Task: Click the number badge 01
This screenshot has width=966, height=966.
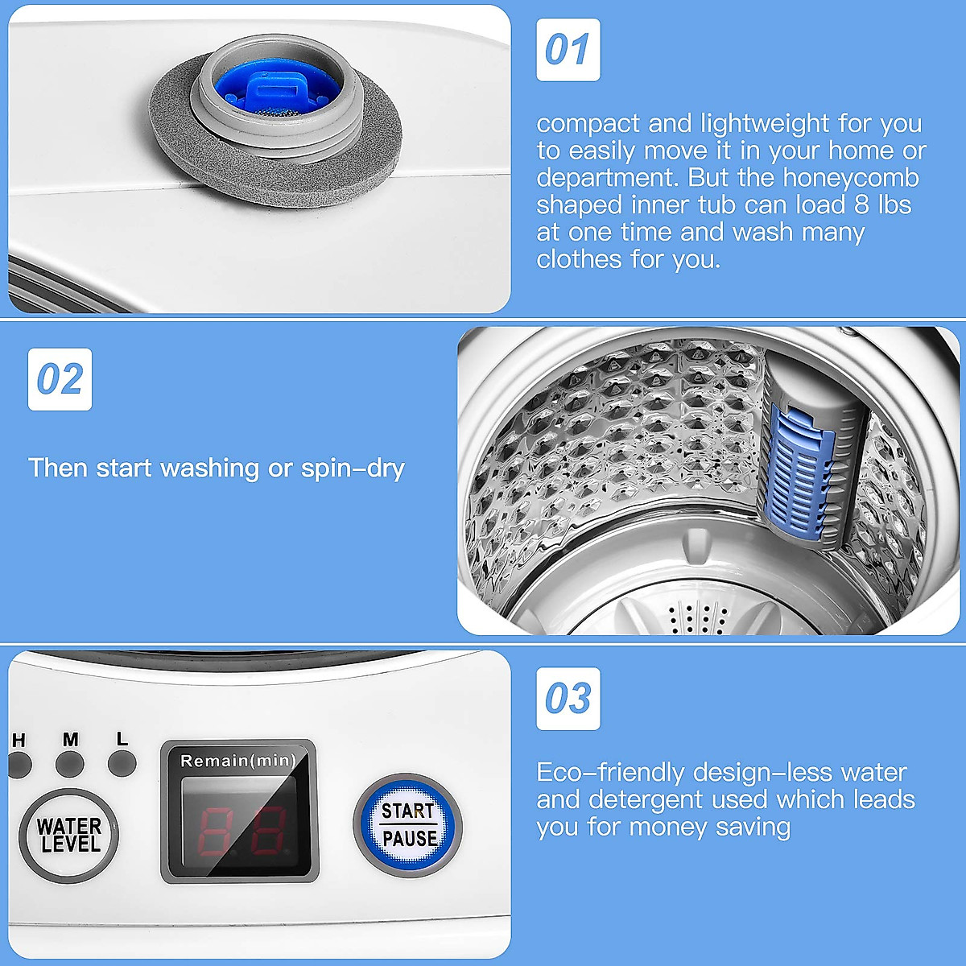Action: click(x=568, y=50)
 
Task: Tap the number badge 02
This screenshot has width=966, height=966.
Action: click(x=60, y=379)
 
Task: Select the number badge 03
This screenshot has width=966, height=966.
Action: click(x=568, y=699)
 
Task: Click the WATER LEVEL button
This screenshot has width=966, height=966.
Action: click(x=69, y=836)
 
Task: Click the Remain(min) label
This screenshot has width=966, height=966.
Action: click(x=237, y=761)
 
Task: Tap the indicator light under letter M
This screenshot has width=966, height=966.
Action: click(x=70, y=763)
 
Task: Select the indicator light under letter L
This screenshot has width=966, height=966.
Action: click(x=122, y=763)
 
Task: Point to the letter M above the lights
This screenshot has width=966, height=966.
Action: click(x=70, y=739)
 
